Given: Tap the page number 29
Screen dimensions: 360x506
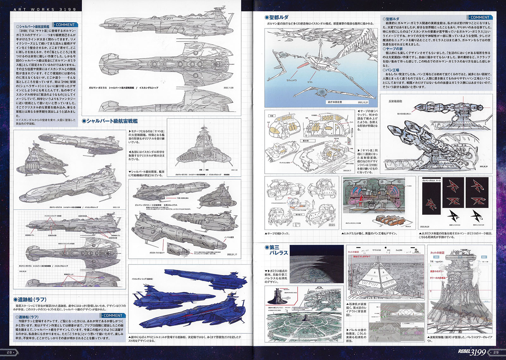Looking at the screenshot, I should pyautogui.click(x=496, y=352).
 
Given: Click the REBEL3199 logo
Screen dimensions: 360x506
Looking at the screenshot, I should pyautogui.click(x=472, y=352).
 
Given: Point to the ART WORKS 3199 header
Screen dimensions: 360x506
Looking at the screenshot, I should pyautogui.click(x=45, y=9).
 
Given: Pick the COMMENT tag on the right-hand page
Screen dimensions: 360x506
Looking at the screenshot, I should pyautogui.click(x=479, y=17).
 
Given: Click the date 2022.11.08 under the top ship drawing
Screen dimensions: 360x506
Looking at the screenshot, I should pyautogui.click(x=228, y=88).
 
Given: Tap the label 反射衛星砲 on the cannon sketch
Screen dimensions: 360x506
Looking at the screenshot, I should pyautogui.click(x=395, y=101).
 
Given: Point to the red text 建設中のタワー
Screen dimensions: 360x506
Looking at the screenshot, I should pyautogui.click(x=437, y=272).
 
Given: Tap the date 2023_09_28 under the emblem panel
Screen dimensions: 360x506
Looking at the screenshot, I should pyautogui.click(x=424, y=227).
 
